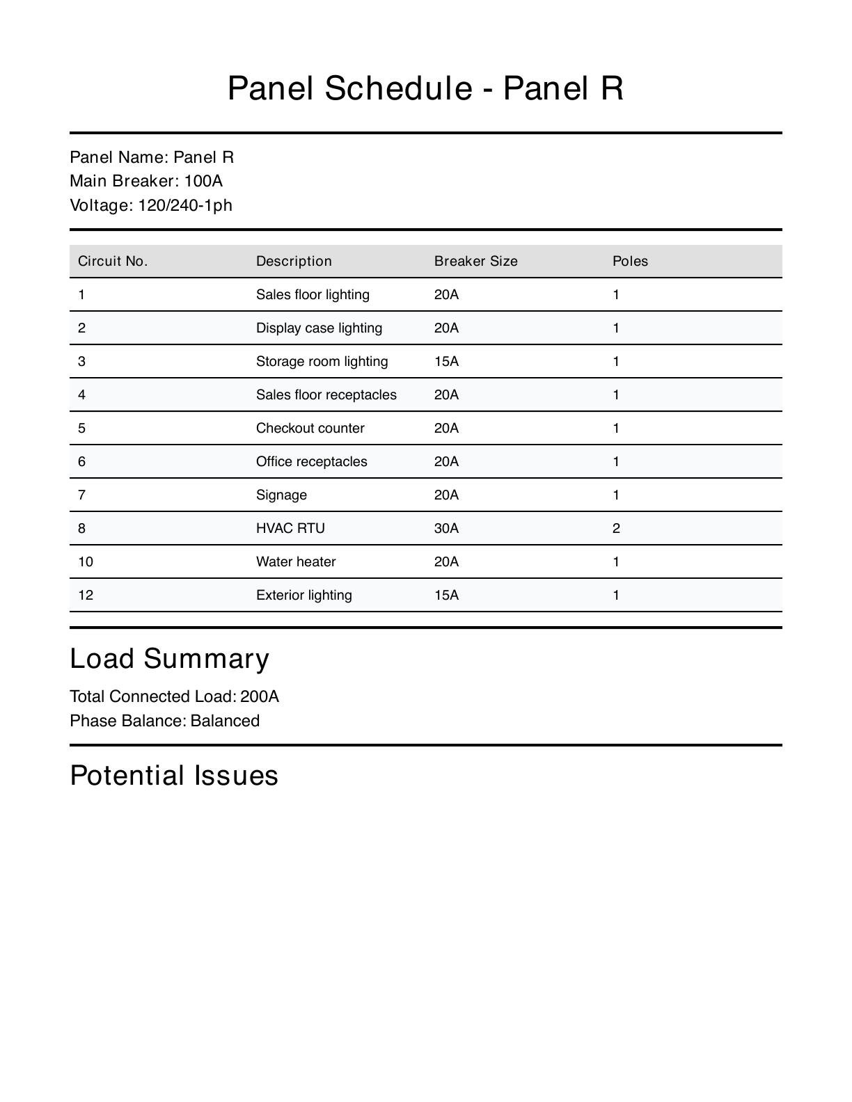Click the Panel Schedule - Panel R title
tap(425, 88)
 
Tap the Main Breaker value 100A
tap(203, 181)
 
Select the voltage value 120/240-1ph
tap(185, 205)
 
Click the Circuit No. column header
tap(113, 261)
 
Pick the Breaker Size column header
tap(476, 261)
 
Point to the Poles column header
tap(630, 261)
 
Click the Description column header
tap(294, 261)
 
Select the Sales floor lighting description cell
tap(313, 294)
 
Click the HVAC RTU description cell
tap(290, 528)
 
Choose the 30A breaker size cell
tap(446, 528)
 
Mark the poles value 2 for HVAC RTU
tap(616, 528)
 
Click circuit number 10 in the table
tap(86, 561)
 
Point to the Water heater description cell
tap(296, 561)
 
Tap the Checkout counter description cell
tap(310, 428)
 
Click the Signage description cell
tap(281, 495)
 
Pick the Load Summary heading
tap(169, 658)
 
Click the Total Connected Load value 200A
tap(260, 696)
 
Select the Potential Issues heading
tap(174, 775)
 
